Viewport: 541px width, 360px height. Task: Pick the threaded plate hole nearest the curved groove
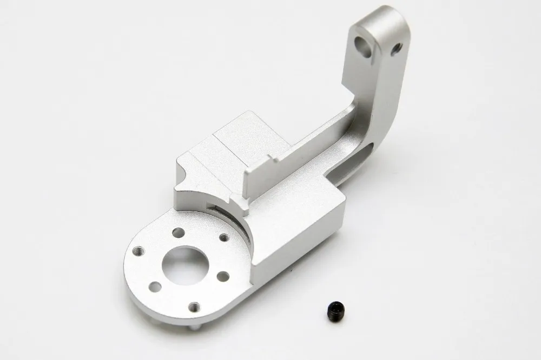tap(221, 238)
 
